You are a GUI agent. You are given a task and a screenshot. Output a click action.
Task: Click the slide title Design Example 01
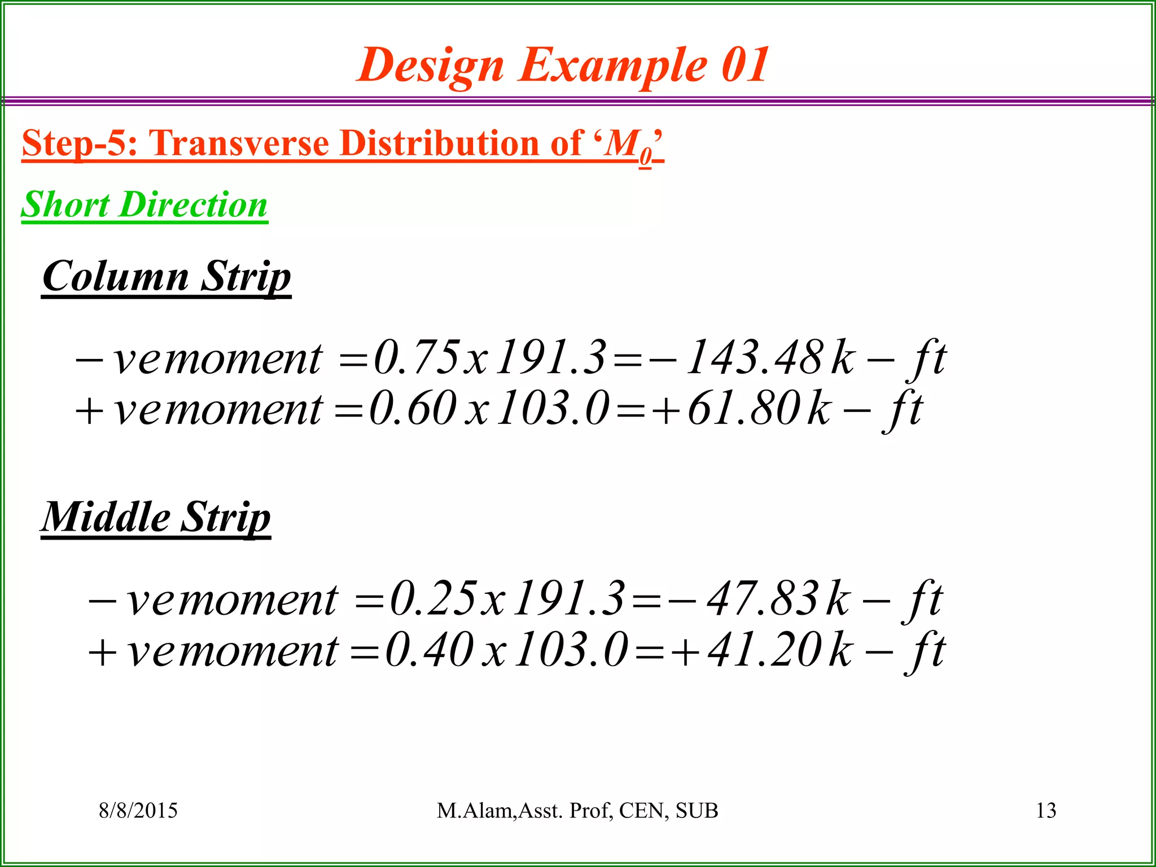(563, 65)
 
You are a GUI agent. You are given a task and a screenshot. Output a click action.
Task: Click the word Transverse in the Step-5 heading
(238, 143)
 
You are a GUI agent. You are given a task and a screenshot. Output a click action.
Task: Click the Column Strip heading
(167, 277)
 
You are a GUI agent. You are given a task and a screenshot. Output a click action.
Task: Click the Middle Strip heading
(156, 517)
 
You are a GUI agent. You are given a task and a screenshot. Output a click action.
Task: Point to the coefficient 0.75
(417, 358)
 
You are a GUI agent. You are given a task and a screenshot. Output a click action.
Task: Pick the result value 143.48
(755, 358)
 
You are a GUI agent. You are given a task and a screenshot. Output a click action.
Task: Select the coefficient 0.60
(413, 409)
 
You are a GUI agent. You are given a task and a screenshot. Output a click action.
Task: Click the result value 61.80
(744, 409)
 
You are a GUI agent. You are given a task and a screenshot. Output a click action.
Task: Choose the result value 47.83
(762, 599)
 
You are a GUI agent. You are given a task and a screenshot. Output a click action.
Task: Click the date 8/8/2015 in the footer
(138, 811)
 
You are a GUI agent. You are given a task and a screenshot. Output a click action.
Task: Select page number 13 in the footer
(1046, 811)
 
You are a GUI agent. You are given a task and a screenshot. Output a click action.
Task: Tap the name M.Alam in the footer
(474, 811)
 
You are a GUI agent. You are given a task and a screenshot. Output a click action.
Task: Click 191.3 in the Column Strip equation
(551, 358)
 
